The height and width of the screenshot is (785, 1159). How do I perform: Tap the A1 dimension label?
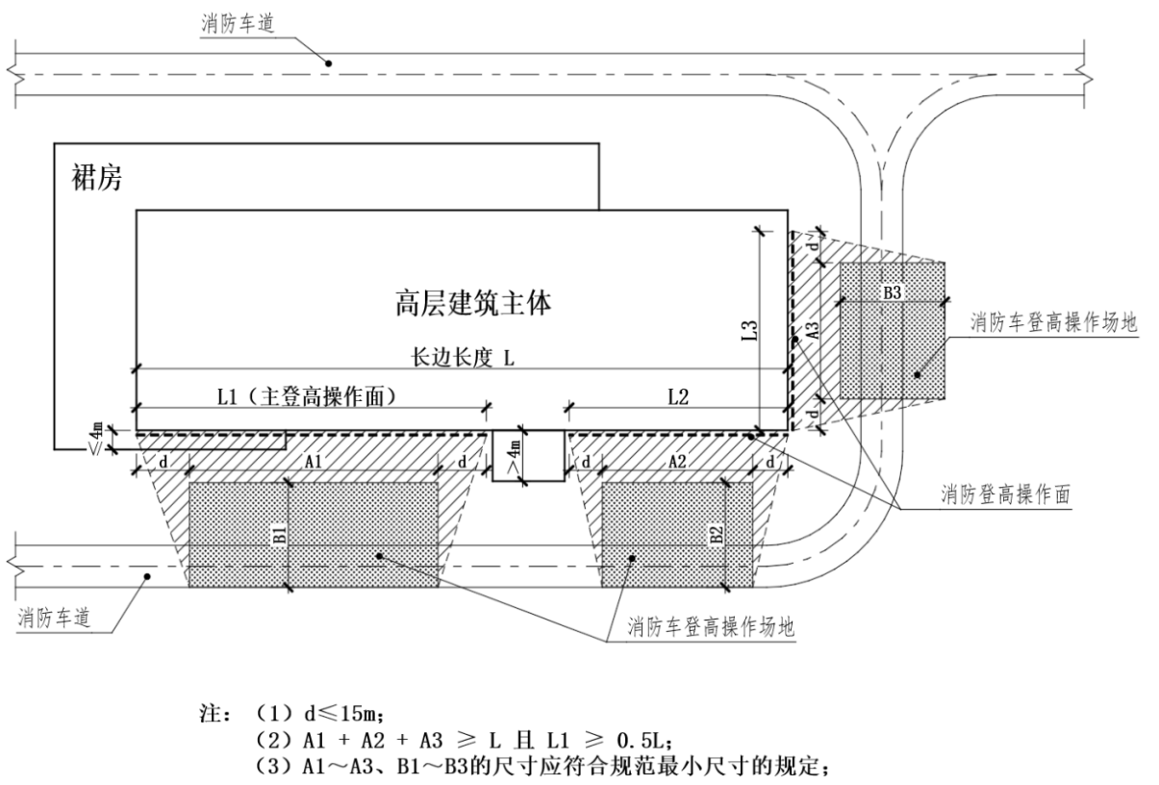coord(314,462)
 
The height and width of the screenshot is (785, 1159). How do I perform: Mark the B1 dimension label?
coord(277,534)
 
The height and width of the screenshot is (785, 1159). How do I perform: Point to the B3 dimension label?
coord(892,293)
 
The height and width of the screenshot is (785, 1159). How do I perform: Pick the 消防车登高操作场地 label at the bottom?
coord(711,628)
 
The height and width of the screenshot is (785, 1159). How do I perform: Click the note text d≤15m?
coord(336,716)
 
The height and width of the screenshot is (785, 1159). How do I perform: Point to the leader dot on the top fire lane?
coord(328,63)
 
